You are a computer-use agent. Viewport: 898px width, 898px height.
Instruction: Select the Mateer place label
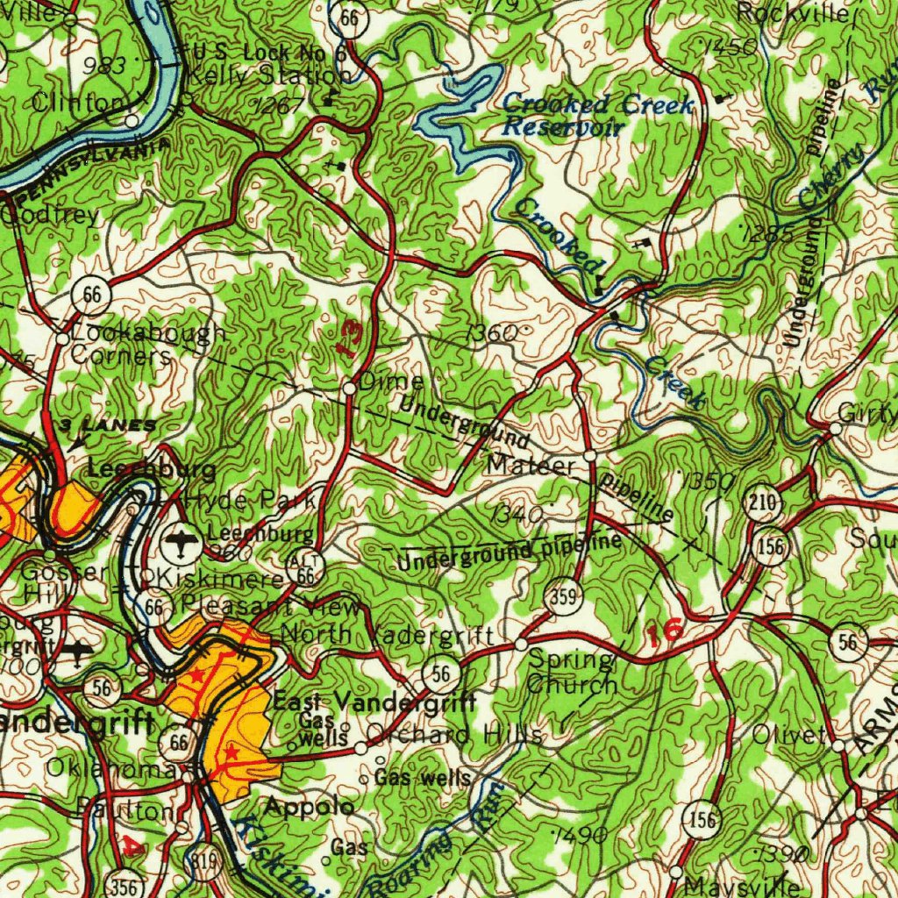click(x=531, y=465)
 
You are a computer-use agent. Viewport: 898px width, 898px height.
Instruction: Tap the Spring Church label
click(x=572, y=673)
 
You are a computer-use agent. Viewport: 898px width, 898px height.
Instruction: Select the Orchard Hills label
click(x=453, y=735)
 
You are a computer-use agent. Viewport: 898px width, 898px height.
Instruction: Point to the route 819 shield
click(x=207, y=864)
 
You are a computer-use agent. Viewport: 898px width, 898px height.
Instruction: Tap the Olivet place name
click(x=789, y=736)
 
